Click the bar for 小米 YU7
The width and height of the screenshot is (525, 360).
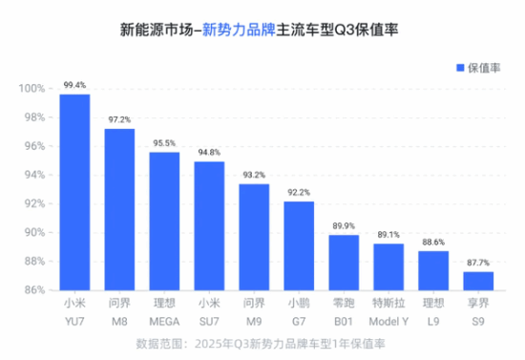click(x=74, y=191)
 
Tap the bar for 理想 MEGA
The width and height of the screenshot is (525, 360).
click(x=164, y=220)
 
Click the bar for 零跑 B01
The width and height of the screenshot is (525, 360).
click(x=344, y=261)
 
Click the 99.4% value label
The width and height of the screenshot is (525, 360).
click(x=74, y=86)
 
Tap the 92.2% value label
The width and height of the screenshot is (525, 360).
click(x=298, y=193)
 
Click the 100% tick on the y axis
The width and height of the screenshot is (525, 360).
click(x=33, y=89)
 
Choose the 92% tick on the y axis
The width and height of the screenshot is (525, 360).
click(x=35, y=203)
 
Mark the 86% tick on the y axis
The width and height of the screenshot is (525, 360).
click(x=35, y=289)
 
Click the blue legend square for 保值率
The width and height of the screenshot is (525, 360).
click(x=458, y=68)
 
